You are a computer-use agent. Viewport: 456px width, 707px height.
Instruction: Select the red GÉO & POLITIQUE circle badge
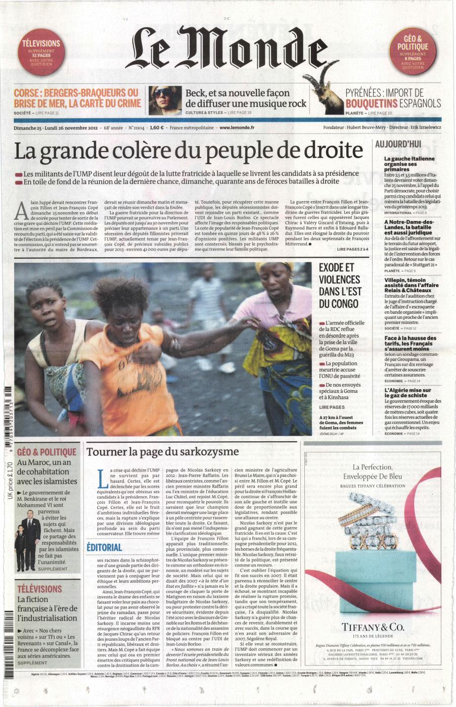point(416,52)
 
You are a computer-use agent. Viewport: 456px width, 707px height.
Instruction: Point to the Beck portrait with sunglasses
point(165,100)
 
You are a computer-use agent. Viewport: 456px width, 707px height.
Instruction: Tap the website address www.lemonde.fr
point(237,128)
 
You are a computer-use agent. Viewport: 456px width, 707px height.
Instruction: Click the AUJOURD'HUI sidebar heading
point(398,144)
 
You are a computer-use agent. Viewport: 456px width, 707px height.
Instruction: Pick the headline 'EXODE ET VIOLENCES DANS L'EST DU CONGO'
point(340,286)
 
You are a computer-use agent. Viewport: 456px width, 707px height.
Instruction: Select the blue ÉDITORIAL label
point(104,547)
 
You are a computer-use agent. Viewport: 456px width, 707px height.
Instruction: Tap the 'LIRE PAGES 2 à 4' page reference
point(352,249)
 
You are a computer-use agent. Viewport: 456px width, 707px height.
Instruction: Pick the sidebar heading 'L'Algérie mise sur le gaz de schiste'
point(408,393)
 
